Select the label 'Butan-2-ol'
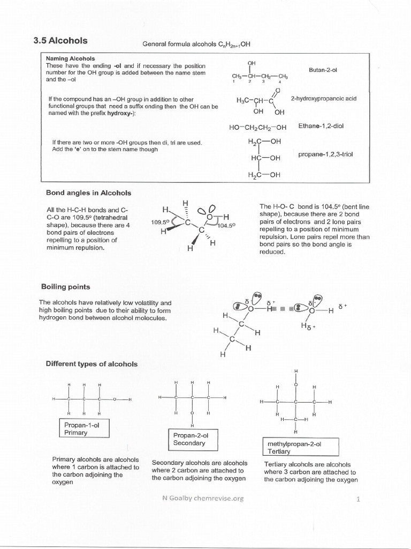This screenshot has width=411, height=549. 323,70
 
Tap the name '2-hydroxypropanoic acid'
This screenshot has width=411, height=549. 323,99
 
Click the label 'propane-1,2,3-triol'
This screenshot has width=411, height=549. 325,154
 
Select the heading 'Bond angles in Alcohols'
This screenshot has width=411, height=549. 88,193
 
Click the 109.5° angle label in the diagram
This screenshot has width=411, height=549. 160,221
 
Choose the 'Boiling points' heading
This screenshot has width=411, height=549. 66,287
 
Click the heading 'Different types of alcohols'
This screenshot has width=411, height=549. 92,364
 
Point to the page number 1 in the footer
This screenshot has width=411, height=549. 357,499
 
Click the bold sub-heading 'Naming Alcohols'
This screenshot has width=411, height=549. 70,58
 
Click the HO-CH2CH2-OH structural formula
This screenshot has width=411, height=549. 258,128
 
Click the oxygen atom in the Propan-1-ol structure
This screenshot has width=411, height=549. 114,400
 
